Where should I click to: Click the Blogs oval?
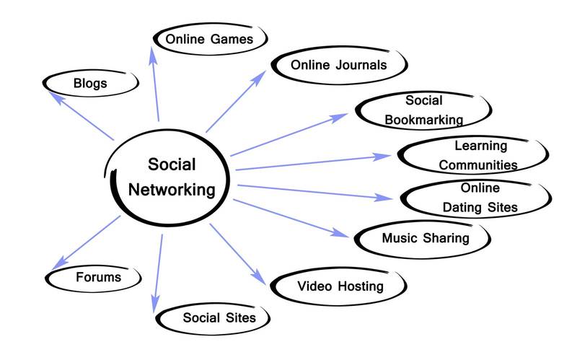tap(90, 83)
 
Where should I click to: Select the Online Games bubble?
tap(209, 39)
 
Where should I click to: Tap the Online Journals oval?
tap(338, 65)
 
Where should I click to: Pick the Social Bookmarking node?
tap(424, 110)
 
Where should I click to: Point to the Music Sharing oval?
tap(425, 238)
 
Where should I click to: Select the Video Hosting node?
tap(340, 286)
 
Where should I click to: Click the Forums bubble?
tap(98, 277)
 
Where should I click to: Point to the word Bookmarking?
tap(423, 119)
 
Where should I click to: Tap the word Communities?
tap(478, 165)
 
